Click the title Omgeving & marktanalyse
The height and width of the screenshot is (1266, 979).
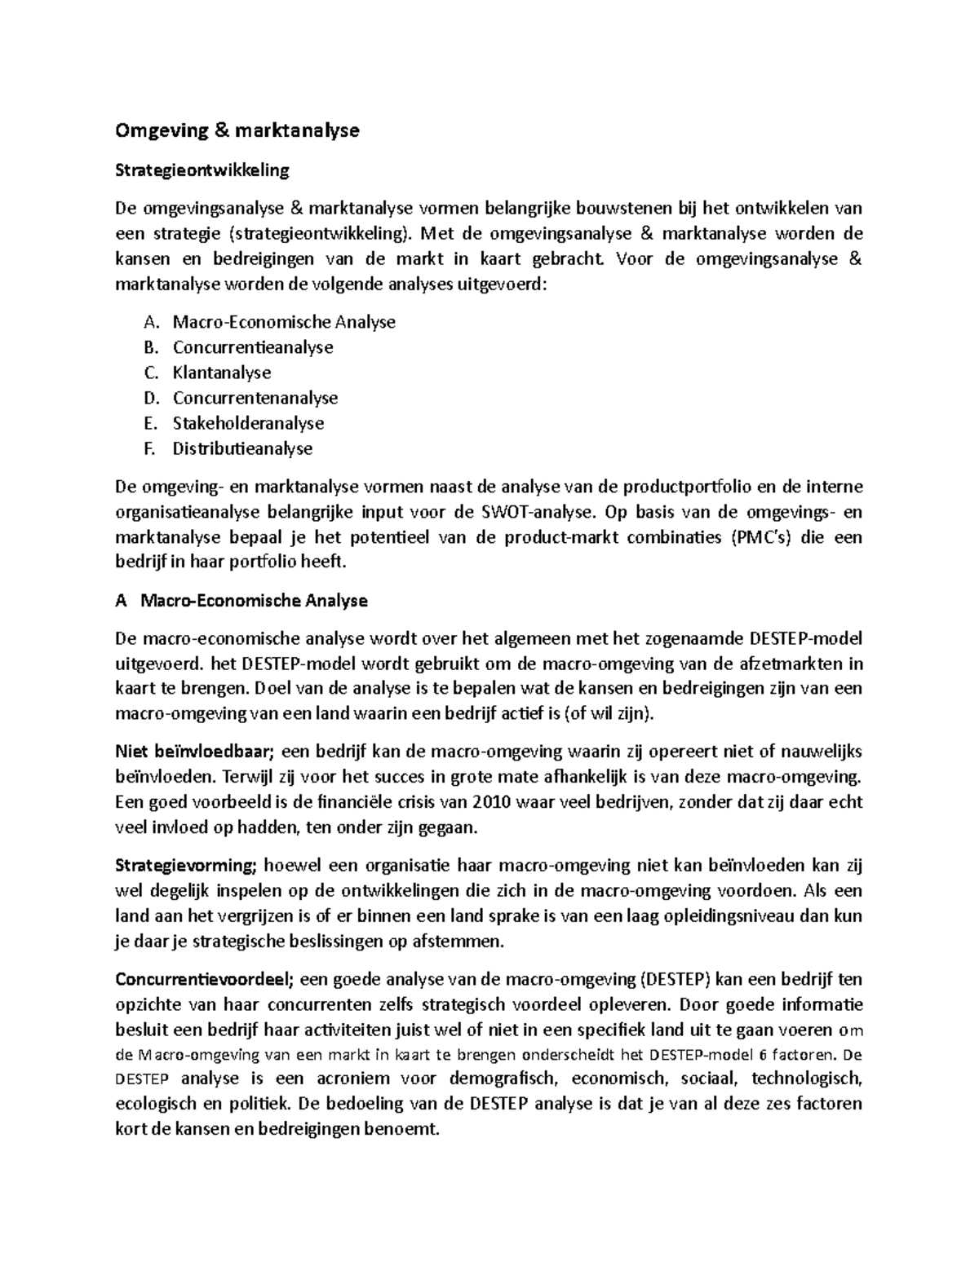pyautogui.click(x=237, y=130)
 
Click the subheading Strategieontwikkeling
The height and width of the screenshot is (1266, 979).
pyautogui.click(x=202, y=170)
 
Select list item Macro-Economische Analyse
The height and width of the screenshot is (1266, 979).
pyautogui.click(x=284, y=322)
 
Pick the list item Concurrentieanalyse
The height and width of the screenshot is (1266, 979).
pyautogui.click(x=253, y=347)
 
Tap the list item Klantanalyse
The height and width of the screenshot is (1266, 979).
pyautogui.click(x=222, y=373)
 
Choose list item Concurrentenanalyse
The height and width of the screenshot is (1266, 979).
pyautogui.click(x=255, y=398)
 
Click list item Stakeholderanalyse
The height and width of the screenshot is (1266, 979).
pyautogui.click(x=248, y=423)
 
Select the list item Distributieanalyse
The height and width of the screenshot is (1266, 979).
pyautogui.click(x=242, y=448)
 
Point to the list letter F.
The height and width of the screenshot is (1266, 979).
pyautogui.click(x=148, y=448)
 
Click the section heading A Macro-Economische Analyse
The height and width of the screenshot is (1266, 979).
pyautogui.click(x=241, y=601)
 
